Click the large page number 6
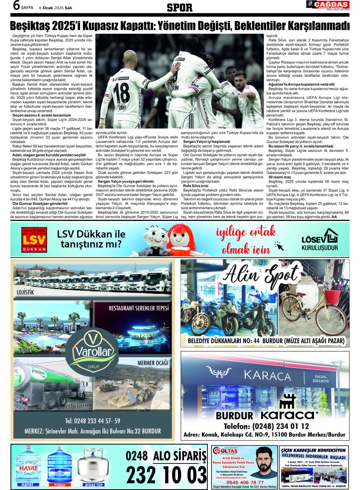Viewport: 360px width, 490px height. click(x=16, y=6)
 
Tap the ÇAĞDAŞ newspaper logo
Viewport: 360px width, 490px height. click(x=327, y=4)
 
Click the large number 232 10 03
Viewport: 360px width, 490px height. click(x=166, y=474)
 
